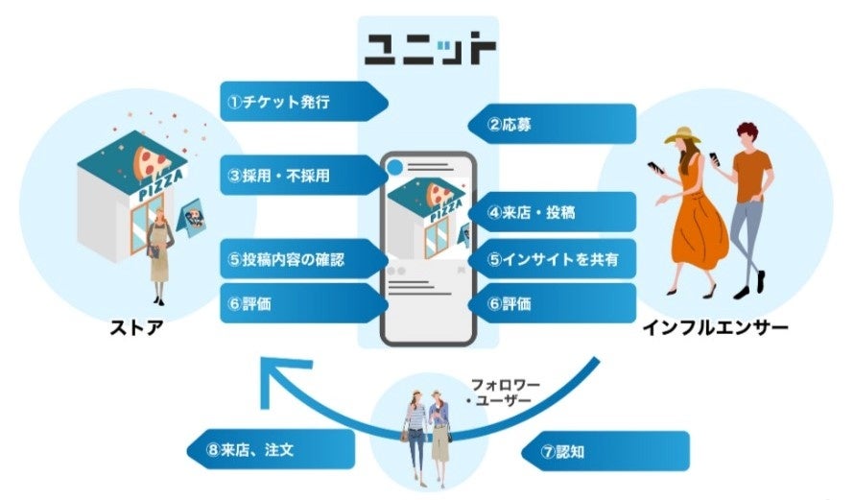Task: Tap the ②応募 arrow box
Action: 551,124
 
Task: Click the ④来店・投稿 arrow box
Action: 551,212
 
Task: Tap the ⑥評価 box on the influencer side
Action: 551,302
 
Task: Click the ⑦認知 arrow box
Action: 605,451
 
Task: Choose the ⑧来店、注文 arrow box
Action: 269,449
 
